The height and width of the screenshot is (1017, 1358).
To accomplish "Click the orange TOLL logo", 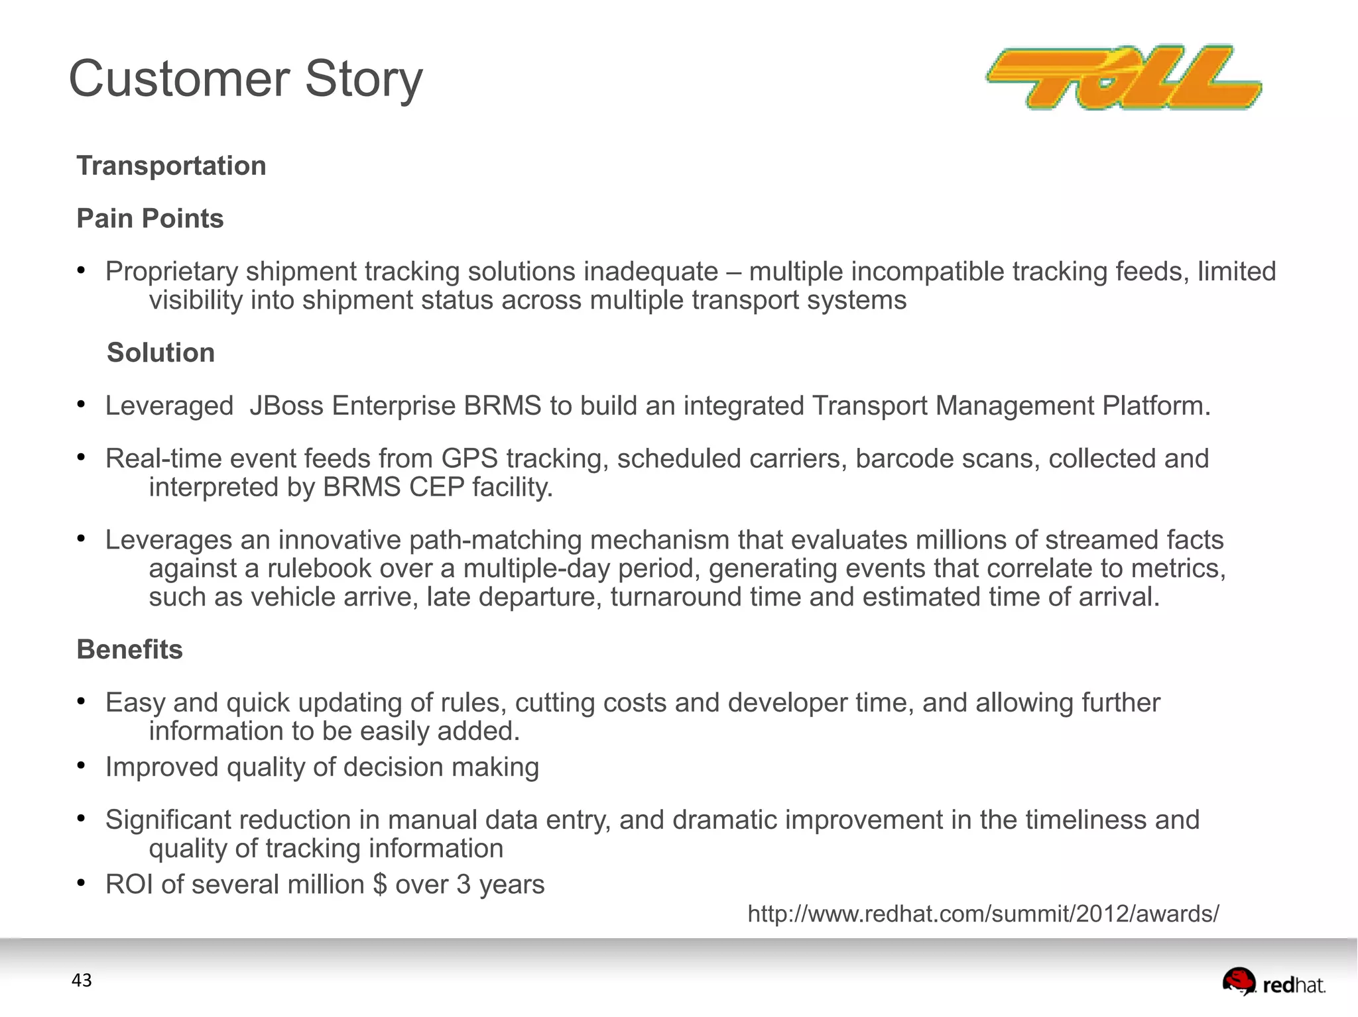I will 1123,78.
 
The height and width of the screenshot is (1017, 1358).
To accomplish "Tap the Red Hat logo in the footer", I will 1274,983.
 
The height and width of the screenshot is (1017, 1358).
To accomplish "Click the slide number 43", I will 82,981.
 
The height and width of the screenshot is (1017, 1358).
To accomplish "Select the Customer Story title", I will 245,79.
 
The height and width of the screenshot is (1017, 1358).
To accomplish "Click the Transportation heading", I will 171,166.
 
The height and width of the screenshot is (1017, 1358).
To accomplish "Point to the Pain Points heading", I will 150,219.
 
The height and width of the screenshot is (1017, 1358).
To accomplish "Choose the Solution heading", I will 161,352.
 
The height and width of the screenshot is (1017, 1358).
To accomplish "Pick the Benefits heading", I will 130,649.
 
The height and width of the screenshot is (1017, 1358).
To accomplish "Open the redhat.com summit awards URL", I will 983,914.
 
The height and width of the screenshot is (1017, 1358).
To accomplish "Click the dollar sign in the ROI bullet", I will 380,885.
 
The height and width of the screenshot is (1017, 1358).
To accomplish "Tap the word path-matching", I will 495,541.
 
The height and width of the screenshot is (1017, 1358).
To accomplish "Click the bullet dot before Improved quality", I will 81,766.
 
